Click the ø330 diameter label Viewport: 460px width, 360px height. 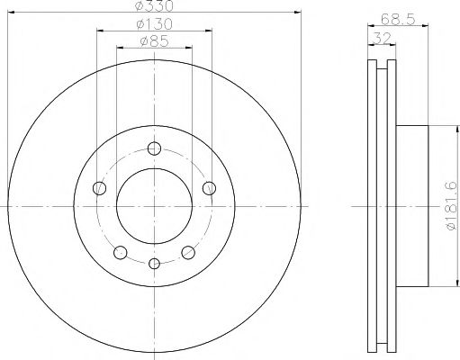point(154,6)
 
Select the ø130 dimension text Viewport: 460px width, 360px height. point(154,24)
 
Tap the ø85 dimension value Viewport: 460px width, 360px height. point(154,40)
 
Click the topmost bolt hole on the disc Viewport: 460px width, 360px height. point(154,149)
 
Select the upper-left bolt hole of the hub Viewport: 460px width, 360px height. point(100,188)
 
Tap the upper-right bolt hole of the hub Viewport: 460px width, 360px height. point(209,188)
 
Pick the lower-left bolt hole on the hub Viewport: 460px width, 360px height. point(120,252)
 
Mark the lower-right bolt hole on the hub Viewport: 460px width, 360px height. point(188,252)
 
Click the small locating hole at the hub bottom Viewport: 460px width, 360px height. point(154,263)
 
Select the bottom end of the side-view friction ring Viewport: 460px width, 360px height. point(382,347)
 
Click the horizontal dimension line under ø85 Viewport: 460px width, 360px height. point(154,49)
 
